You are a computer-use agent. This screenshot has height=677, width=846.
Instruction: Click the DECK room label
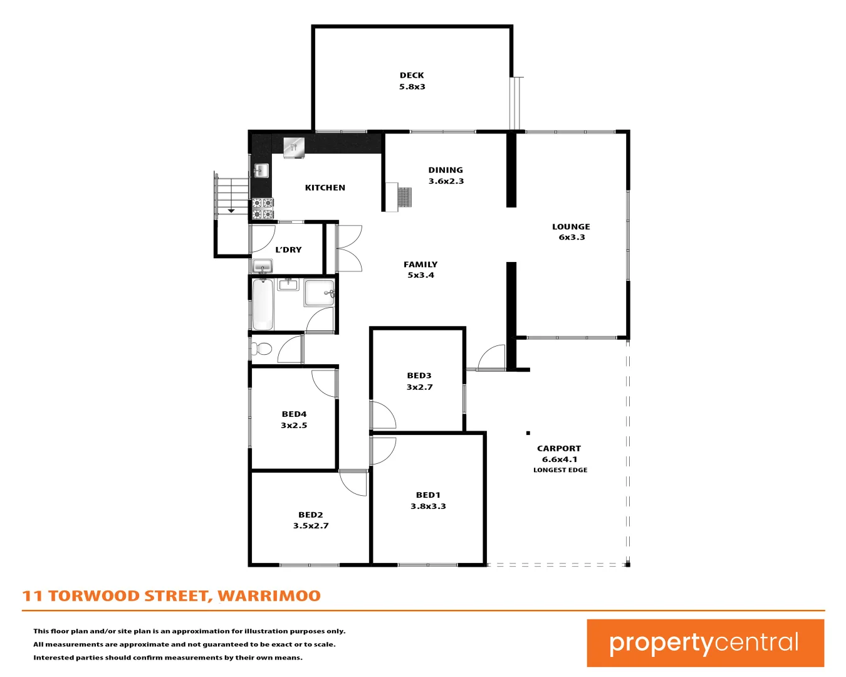pyautogui.click(x=412, y=75)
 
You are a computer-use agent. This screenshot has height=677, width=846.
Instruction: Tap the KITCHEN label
pyautogui.click(x=325, y=187)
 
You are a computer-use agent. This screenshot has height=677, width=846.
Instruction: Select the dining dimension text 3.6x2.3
pyautogui.click(x=446, y=181)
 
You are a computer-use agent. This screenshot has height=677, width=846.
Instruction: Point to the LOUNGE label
pyautogui.click(x=571, y=227)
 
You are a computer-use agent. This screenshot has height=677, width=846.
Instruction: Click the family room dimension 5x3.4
pyautogui.click(x=420, y=275)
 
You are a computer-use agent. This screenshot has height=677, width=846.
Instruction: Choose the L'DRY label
pyautogui.click(x=288, y=249)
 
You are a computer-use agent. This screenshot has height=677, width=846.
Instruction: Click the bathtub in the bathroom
pyautogui.click(x=263, y=305)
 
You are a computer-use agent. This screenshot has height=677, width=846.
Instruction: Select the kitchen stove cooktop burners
pyautogui.click(x=263, y=209)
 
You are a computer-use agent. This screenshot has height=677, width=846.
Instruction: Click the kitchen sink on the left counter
pyautogui.click(x=261, y=171)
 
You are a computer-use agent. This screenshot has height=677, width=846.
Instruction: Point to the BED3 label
pyautogui.click(x=419, y=375)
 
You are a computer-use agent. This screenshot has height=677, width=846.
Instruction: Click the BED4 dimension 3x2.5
pyautogui.click(x=294, y=425)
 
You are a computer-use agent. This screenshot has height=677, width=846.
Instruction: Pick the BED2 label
pyautogui.click(x=310, y=515)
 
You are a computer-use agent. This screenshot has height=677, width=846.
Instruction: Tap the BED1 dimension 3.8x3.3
pyautogui.click(x=428, y=506)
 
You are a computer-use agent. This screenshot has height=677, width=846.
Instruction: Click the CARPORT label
pyautogui.click(x=559, y=448)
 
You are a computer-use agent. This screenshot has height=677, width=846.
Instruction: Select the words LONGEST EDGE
pyautogui.click(x=560, y=470)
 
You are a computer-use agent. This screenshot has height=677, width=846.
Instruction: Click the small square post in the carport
pyautogui.click(x=528, y=433)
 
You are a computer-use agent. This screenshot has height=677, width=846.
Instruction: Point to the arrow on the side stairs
pyautogui.click(x=231, y=211)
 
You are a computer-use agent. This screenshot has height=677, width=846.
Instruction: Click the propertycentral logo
pyautogui.click(x=705, y=643)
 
